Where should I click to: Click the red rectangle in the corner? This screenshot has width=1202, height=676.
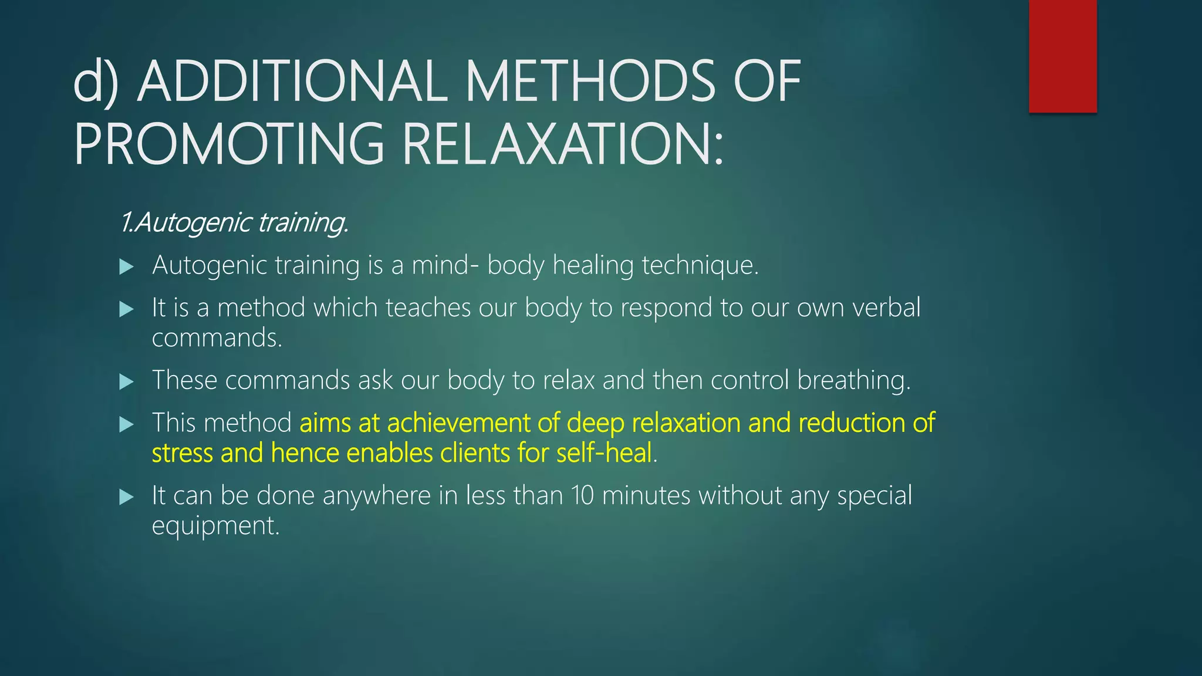[x=1062, y=56]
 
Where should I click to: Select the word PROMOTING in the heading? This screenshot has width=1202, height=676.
[x=229, y=144]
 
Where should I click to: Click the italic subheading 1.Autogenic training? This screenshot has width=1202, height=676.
[x=235, y=222]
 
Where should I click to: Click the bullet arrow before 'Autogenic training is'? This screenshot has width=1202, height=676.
[x=126, y=267]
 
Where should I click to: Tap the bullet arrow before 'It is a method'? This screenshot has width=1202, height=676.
[x=126, y=309]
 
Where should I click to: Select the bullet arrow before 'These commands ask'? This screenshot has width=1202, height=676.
[x=126, y=382]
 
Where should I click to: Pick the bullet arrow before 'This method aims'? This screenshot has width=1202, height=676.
[x=126, y=424]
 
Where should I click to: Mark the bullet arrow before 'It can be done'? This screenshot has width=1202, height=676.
[x=126, y=497]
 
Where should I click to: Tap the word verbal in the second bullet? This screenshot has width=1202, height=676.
[x=886, y=307]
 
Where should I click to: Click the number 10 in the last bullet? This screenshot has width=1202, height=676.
[x=583, y=496]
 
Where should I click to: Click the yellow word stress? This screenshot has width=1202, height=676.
[x=182, y=453]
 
